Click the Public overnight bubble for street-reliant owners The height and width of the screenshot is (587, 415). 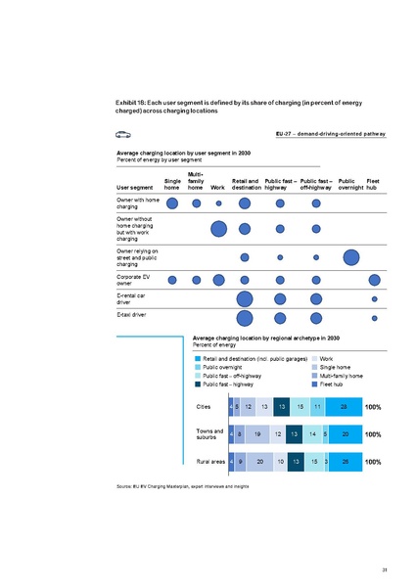point(350,257)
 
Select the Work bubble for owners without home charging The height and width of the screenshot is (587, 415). point(219,230)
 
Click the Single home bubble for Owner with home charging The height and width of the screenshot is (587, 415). point(172,203)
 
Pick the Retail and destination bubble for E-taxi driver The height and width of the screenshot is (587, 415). point(245,318)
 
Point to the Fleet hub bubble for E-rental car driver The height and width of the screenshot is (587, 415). point(374,298)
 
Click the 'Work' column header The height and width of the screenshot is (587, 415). point(217,188)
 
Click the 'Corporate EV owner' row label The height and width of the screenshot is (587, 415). point(137,280)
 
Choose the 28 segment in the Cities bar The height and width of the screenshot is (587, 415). point(343,406)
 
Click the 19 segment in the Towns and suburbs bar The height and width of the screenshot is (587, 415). point(255,432)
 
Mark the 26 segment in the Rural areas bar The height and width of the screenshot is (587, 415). point(345,460)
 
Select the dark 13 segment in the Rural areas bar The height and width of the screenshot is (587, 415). point(295,460)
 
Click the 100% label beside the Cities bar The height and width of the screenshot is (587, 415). point(373,406)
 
